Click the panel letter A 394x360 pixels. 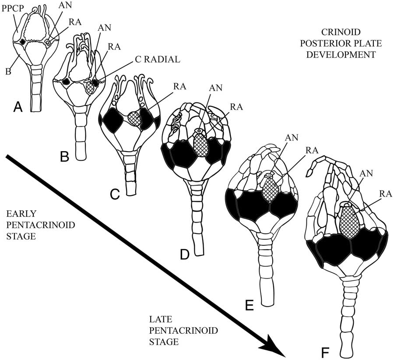[x=18, y=106]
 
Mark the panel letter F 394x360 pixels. [x=324, y=352]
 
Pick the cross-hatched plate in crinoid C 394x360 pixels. [x=135, y=119]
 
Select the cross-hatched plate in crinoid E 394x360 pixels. [x=271, y=190]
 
